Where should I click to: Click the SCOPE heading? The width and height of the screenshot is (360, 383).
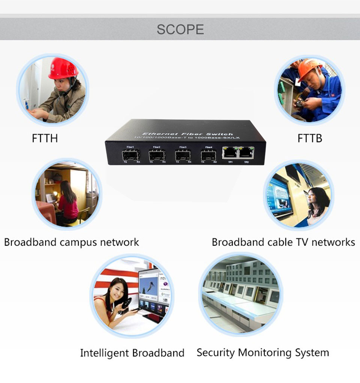click(180, 29)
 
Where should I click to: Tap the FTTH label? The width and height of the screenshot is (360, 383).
click(45, 138)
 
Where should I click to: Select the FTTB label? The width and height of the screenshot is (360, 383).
click(310, 138)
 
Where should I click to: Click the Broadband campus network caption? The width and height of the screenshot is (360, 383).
click(71, 242)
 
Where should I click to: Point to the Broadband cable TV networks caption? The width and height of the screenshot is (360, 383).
click(283, 242)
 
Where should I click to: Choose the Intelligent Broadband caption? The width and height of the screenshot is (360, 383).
click(132, 353)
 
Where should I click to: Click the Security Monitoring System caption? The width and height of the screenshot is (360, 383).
click(262, 353)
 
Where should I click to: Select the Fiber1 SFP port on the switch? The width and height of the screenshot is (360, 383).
click(131, 155)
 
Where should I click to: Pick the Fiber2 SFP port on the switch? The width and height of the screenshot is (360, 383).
click(157, 155)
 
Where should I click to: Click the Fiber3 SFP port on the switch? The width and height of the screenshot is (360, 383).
click(183, 155)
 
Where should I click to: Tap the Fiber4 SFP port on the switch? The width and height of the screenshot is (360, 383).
click(208, 155)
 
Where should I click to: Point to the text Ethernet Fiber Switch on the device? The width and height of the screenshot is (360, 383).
click(187, 134)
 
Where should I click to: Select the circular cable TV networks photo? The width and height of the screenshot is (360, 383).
click(298, 195)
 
